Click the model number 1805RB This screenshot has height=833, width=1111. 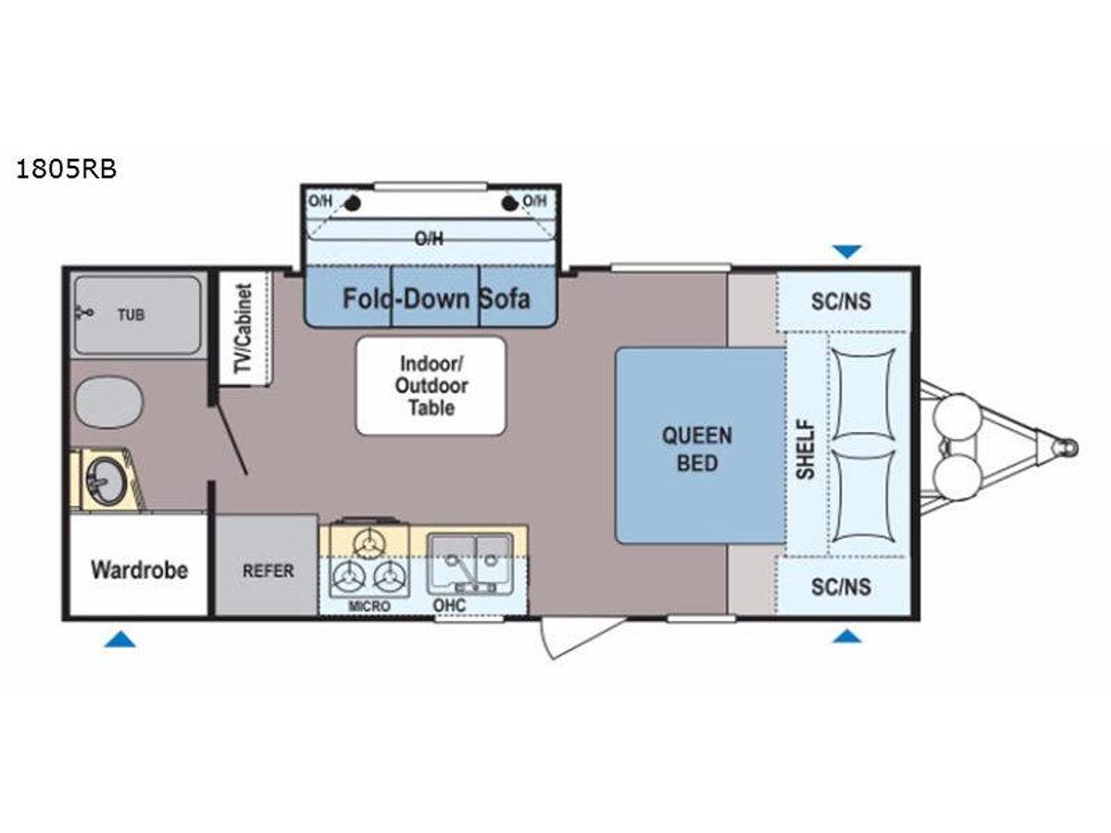[x=67, y=169]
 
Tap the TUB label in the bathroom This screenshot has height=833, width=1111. [x=131, y=315]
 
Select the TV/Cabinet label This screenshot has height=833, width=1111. [x=243, y=329]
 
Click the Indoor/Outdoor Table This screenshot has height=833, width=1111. [x=431, y=385]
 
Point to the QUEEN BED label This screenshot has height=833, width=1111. [x=697, y=449]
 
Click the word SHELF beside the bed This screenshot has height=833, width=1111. [x=805, y=449]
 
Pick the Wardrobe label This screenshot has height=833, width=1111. [x=139, y=570]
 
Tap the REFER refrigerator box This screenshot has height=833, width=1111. [x=267, y=566]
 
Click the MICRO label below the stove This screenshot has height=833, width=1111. [x=369, y=606]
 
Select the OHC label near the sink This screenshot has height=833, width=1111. [x=449, y=605]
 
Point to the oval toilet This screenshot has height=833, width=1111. [x=108, y=402]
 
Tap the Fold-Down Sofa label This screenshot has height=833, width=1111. [x=436, y=298]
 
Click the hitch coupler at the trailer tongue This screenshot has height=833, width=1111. [x=1065, y=448]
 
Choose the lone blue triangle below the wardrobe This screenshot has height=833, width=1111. [x=119, y=640]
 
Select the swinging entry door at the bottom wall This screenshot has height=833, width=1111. [x=582, y=638]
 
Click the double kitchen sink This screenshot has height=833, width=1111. [x=470, y=564]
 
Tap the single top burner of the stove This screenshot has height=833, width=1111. [x=369, y=543]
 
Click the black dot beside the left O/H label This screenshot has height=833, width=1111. [x=353, y=204]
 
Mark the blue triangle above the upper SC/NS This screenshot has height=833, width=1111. [x=847, y=252]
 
